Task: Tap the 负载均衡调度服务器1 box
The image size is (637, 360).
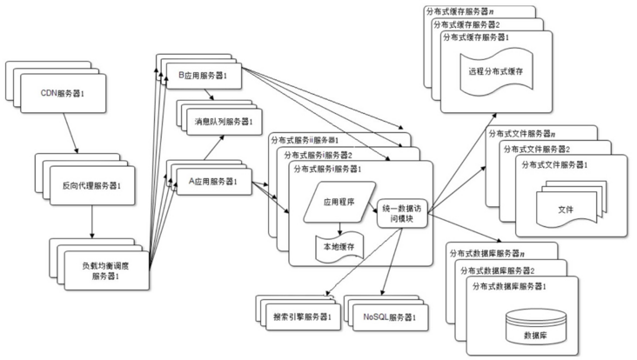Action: [x=105, y=270]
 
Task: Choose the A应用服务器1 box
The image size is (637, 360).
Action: [x=213, y=183]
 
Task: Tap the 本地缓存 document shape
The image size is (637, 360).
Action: [x=339, y=247]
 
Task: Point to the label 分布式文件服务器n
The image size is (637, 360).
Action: [x=524, y=132]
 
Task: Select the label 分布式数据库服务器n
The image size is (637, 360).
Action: [x=487, y=253]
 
